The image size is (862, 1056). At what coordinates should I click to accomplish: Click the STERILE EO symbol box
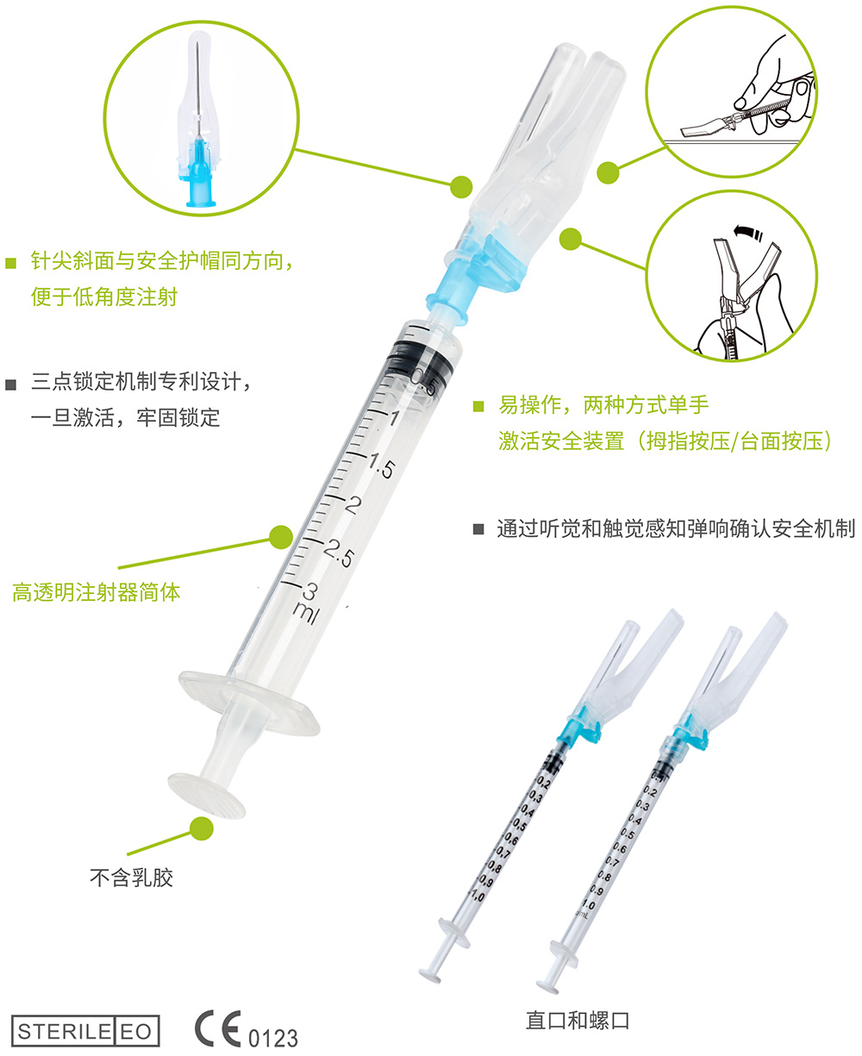[85, 1031]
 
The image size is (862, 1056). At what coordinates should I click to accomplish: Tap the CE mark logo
[218, 1028]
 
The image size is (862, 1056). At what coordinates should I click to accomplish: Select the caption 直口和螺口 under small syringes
[578, 1021]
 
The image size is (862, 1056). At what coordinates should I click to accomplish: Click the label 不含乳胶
[131, 878]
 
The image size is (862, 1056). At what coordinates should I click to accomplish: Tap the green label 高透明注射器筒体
[97, 592]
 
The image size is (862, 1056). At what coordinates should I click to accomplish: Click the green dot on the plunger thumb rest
[201, 828]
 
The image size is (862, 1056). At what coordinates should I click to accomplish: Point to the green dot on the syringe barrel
[280, 537]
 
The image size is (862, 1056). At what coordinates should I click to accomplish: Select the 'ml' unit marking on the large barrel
[307, 611]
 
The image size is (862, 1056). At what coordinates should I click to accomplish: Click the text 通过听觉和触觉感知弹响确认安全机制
[676, 528]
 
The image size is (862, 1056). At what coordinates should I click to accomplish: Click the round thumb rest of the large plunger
[206, 793]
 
